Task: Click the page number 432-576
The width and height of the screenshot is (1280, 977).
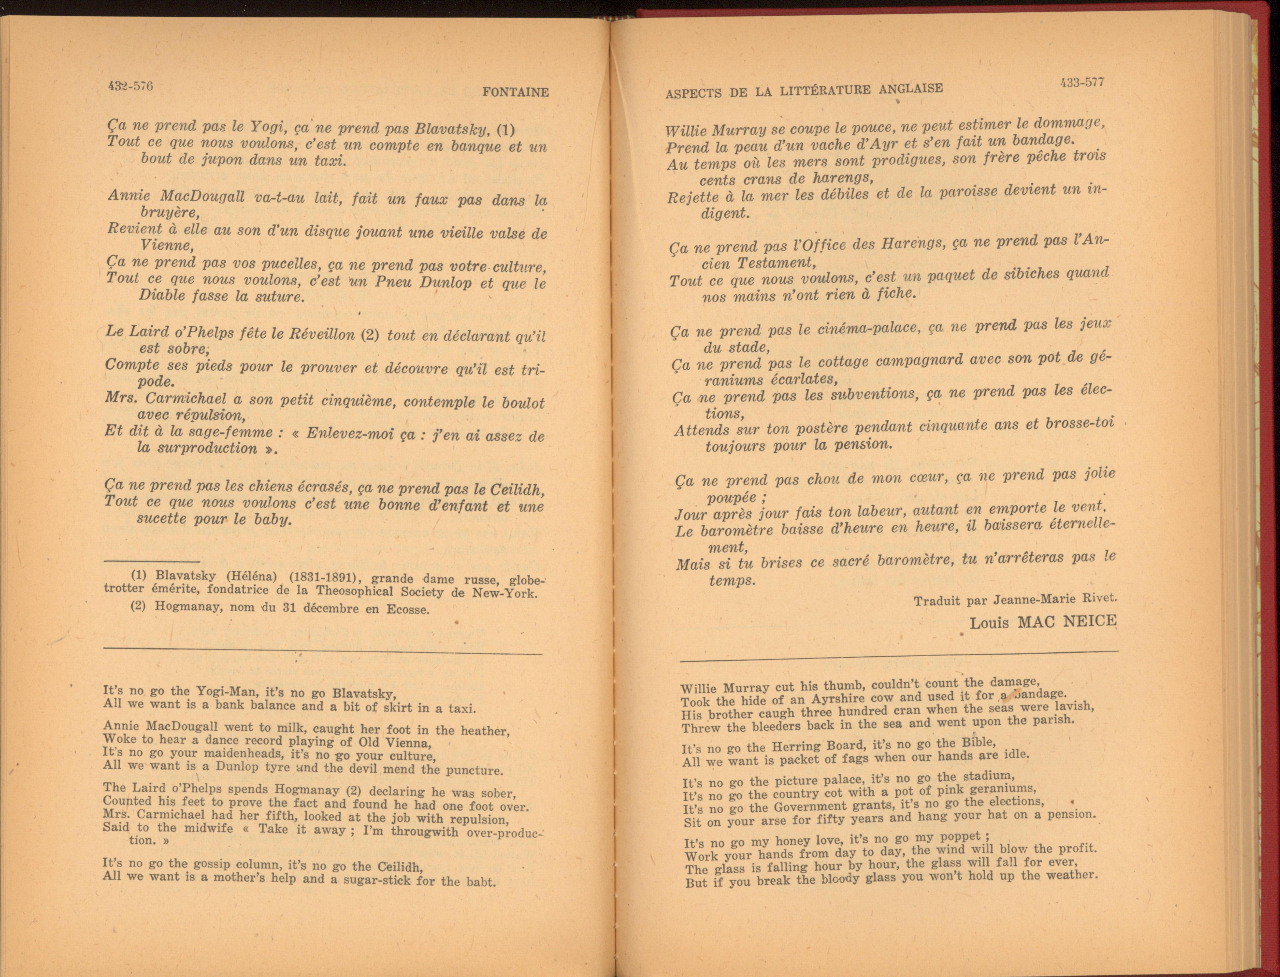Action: click(130, 86)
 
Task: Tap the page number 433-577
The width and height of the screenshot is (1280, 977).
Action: click(1081, 83)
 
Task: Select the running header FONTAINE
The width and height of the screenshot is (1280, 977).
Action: click(515, 92)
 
